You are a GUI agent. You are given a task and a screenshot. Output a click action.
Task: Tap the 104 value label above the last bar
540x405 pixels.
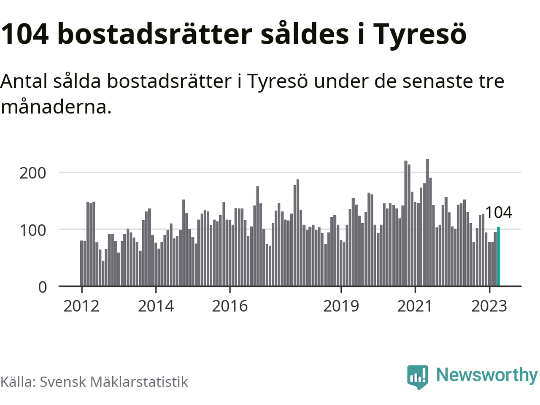(498, 212)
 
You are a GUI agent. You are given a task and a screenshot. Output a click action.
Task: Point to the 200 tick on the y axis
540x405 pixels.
(32, 173)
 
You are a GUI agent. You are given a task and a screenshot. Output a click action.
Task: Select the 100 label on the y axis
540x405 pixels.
(32, 230)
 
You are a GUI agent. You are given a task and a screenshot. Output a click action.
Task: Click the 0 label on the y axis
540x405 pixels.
(43, 287)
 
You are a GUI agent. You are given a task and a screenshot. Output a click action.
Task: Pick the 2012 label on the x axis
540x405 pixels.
(81, 306)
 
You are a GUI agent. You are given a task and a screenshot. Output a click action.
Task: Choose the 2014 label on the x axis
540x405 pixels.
(156, 306)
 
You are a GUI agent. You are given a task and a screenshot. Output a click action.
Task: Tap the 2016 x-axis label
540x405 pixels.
(230, 306)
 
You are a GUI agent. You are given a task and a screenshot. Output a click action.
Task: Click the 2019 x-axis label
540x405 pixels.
(341, 306)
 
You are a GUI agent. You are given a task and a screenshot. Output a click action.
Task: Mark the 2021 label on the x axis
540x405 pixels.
(415, 306)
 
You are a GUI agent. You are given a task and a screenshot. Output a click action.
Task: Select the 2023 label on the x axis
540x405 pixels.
(489, 306)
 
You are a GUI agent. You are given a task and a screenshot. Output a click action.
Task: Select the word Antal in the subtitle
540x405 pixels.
(24, 81)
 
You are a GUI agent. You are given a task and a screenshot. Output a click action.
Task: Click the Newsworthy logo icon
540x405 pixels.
(418, 376)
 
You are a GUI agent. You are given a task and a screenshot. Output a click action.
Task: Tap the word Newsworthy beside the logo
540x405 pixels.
(486, 375)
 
